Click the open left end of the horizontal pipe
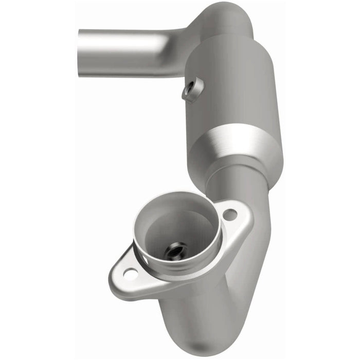pyautogui.click(x=81, y=52)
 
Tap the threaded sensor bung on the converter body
pyautogui.click(x=192, y=89)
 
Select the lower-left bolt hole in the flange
pyautogui.click(x=131, y=274)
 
